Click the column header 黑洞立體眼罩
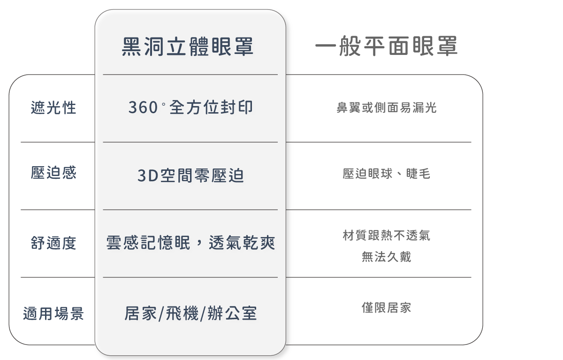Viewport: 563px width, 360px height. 188,47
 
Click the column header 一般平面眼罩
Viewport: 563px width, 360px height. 386,47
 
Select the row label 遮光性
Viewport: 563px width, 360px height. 53,108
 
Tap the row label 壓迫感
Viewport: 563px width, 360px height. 53,173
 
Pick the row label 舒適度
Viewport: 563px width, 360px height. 53,243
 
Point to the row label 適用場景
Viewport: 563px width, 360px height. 53,314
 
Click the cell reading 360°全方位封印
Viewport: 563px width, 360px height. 190,107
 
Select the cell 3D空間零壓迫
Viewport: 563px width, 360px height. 190,176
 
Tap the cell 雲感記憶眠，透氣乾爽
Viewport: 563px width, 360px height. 190,243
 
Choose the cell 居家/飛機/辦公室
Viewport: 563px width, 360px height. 190,314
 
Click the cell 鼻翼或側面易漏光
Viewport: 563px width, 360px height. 387,108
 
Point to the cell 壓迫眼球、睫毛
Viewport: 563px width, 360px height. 387,174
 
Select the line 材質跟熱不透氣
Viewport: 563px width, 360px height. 387,235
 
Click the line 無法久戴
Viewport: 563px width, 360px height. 387,257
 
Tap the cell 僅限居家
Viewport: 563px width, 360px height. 387,308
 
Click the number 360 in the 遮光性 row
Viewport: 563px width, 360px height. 143,108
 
